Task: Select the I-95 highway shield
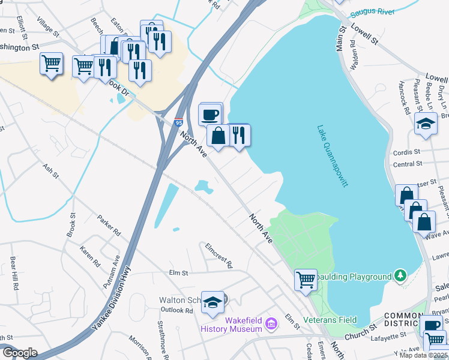(179, 122)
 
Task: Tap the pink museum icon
(271, 324)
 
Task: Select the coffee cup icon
(209, 113)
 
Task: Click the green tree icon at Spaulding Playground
(400, 276)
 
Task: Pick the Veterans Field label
(330, 319)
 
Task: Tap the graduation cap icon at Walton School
(212, 304)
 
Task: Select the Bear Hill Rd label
(13, 274)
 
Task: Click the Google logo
(19, 353)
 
